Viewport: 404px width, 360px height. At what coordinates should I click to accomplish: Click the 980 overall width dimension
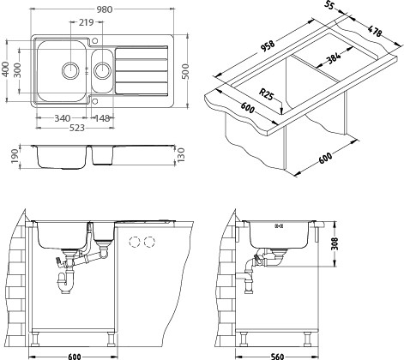click(x=104, y=9)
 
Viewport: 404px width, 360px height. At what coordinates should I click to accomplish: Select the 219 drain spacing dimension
click(x=87, y=22)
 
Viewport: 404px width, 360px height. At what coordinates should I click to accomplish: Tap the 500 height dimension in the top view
click(x=185, y=72)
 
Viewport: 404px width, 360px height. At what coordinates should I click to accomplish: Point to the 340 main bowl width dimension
click(x=63, y=118)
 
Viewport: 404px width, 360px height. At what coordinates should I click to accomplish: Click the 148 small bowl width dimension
click(x=102, y=118)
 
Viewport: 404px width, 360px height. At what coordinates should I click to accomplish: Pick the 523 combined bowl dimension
click(x=77, y=128)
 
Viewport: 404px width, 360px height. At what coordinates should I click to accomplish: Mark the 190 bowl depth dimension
click(x=15, y=157)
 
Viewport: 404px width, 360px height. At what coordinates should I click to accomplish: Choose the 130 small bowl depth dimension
click(x=181, y=155)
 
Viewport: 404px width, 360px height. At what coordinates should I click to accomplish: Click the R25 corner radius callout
click(x=266, y=94)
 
